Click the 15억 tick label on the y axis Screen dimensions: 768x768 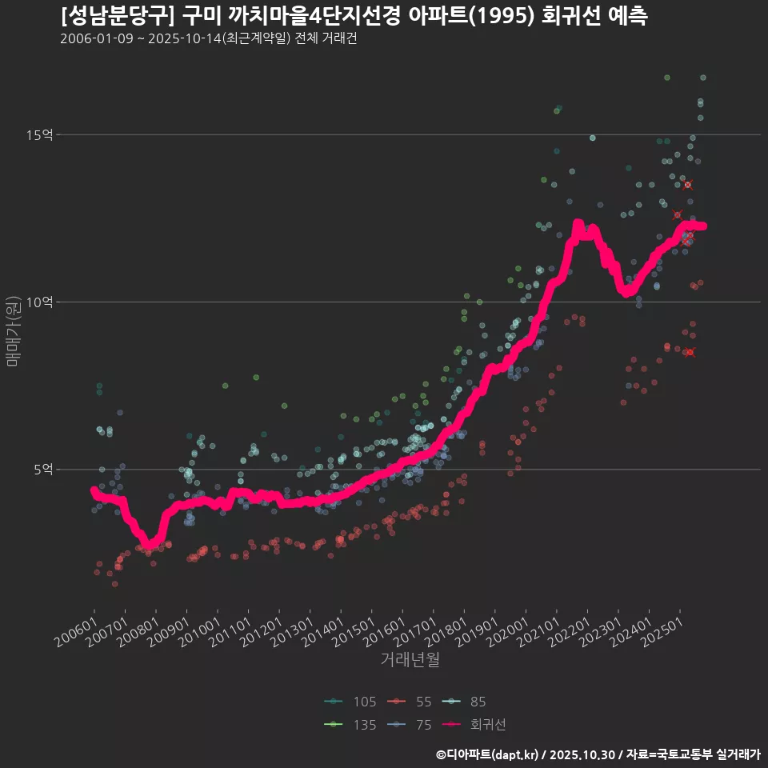39,134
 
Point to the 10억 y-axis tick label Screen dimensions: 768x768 39,302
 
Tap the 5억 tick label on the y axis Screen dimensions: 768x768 42,470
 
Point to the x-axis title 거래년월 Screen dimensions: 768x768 410,660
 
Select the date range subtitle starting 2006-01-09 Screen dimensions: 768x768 208,39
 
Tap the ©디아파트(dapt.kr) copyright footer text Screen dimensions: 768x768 488,754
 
